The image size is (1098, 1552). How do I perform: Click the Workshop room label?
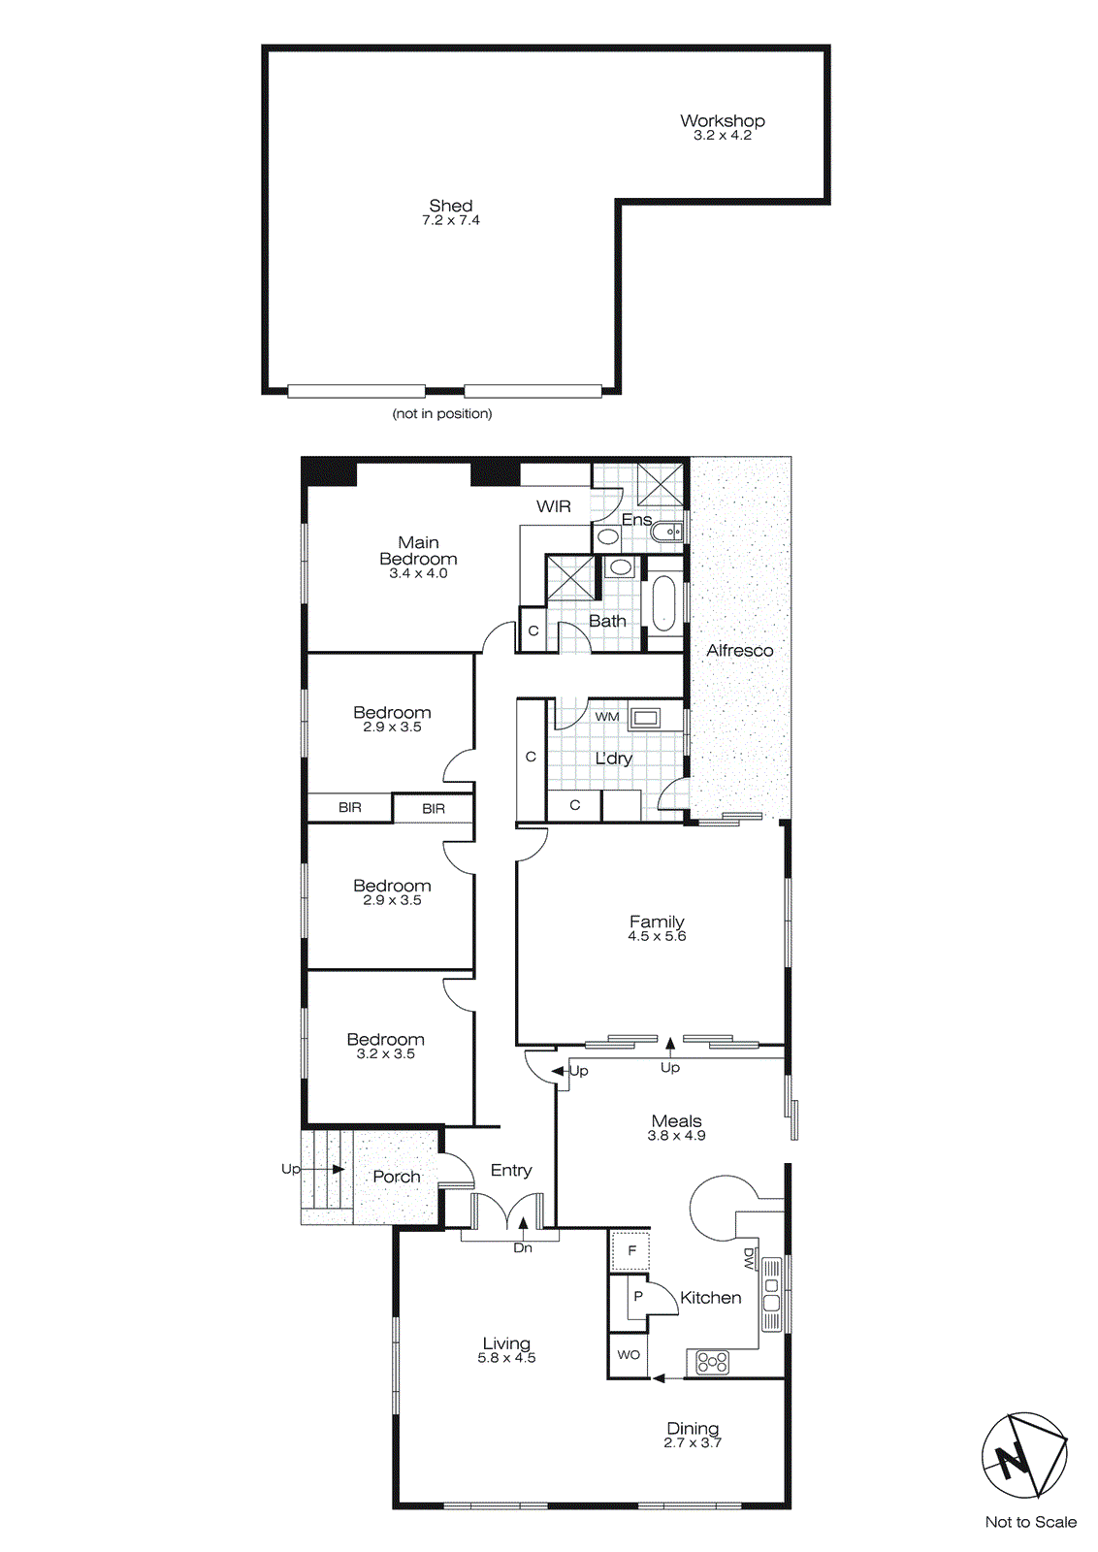click(x=722, y=121)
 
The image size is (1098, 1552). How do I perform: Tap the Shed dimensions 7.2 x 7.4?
click(x=450, y=221)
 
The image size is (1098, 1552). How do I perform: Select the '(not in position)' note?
click(x=441, y=414)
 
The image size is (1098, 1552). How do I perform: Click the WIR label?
click(x=553, y=506)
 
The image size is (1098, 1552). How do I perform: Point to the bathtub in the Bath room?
click(x=663, y=603)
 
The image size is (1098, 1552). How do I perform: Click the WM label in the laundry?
click(x=607, y=717)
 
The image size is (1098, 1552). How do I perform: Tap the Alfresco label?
click(x=739, y=651)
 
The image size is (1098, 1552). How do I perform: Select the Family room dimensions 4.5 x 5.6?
click(x=657, y=937)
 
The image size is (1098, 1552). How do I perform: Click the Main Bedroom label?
click(x=418, y=551)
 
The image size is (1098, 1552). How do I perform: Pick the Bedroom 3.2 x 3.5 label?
click(x=385, y=1040)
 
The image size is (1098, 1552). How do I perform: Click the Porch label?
click(x=397, y=1177)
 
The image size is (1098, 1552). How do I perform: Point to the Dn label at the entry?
click(x=523, y=1248)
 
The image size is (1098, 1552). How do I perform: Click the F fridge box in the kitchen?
click(x=630, y=1251)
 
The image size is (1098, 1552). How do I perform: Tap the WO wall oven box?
click(x=629, y=1355)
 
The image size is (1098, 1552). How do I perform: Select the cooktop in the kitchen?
click(x=713, y=1363)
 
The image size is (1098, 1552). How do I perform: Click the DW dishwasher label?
click(x=749, y=1259)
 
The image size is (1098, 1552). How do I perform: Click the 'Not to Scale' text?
click(x=1030, y=1523)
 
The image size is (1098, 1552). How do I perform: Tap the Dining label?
click(x=693, y=1428)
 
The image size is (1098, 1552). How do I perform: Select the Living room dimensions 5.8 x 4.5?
click(x=506, y=1359)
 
